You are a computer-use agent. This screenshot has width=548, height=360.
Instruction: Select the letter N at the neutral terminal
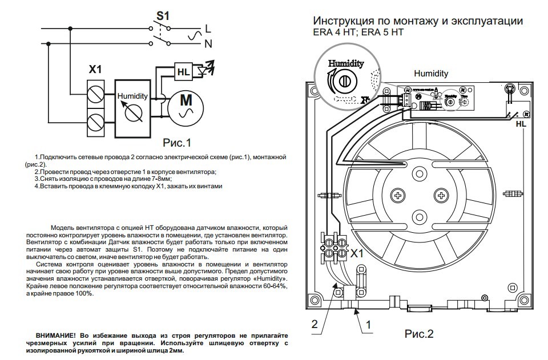point(208,43)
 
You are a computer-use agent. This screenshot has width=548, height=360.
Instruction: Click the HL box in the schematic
point(183,72)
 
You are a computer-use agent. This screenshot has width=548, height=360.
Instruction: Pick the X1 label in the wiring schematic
point(95,70)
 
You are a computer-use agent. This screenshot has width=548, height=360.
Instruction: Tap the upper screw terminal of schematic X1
point(95,92)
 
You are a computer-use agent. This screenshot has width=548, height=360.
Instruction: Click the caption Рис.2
point(419,334)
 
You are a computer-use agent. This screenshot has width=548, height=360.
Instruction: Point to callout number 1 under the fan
point(369,324)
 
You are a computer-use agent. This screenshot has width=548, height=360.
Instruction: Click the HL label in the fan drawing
point(521,124)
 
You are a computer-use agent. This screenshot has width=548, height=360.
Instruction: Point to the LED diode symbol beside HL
point(203,71)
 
